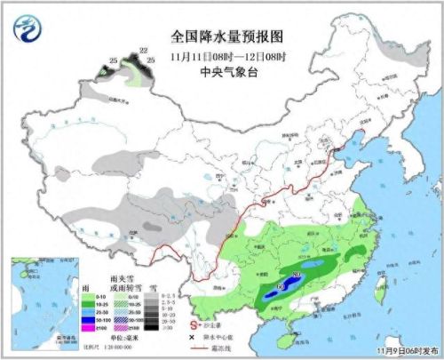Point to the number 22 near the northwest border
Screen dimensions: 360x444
coord(144,52)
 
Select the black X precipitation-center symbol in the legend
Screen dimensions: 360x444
coord(194,338)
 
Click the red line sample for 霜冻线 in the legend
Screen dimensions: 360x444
coord(194,349)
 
